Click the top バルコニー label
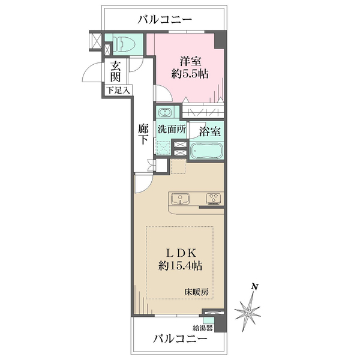pos(164,19)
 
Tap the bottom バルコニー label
pos(179,338)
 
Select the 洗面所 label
pos(172,128)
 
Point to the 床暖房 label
pos(196,292)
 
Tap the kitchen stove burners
pos(214,198)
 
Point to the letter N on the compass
pos(254,287)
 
